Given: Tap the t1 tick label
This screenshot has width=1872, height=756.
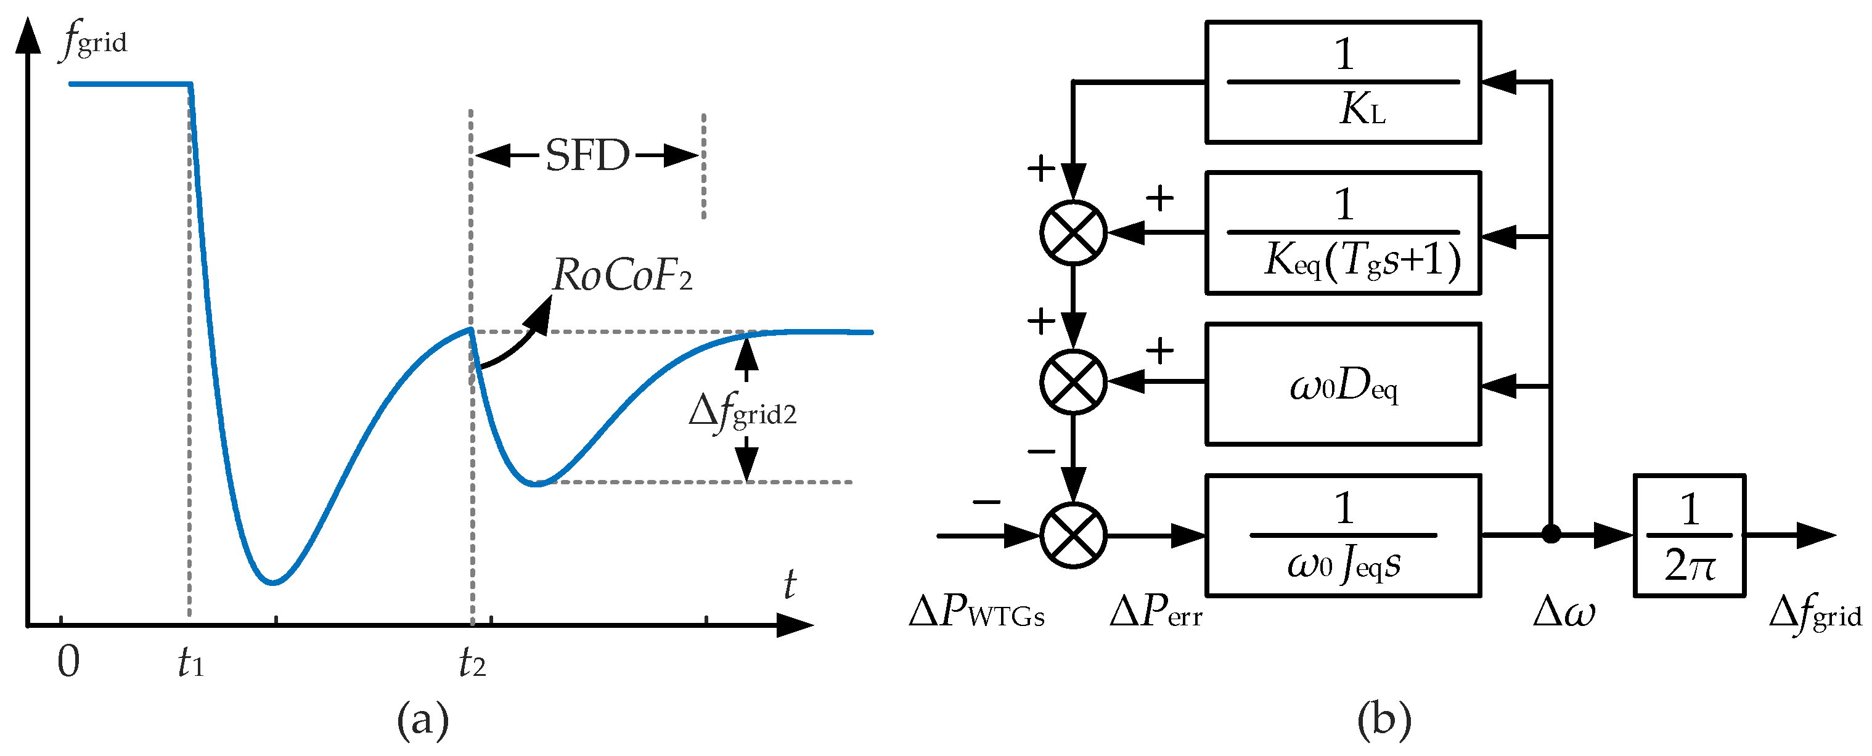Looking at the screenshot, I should (x=190, y=662).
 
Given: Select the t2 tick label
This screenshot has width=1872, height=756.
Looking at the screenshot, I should (x=472, y=662).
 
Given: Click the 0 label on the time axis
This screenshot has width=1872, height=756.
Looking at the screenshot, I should (x=68, y=662).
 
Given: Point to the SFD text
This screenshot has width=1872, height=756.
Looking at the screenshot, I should (x=587, y=155).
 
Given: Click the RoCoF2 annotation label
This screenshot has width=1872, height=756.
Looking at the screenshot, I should (x=622, y=275).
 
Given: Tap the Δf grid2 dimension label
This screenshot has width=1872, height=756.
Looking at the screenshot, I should (x=742, y=412).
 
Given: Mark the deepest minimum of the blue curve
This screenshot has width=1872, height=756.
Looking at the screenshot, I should (x=272, y=582).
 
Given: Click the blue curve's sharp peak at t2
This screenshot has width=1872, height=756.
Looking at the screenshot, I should (x=471, y=329).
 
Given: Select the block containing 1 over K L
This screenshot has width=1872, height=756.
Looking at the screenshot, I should (x=1343, y=82).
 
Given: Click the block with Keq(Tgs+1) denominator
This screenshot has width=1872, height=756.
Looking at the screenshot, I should (x=1343, y=233).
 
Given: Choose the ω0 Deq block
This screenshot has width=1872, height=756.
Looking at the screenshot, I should (x=1343, y=384).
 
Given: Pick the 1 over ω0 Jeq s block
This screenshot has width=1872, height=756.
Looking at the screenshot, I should (x=1343, y=536).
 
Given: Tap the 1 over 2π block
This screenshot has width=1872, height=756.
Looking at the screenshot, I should (x=1689, y=536).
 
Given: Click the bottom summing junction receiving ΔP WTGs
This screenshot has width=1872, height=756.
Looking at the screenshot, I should (x=1073, y=536).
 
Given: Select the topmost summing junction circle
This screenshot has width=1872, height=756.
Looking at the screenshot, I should (x=1073, y=233).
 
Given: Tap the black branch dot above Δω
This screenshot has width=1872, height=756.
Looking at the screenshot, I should (x=1551, y=535).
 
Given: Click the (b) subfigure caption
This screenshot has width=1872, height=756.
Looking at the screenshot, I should (x=1384, y=720).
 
